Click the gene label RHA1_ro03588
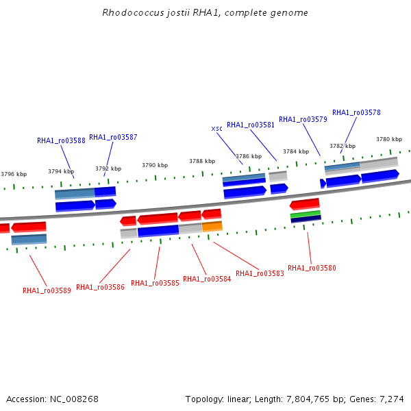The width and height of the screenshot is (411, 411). tap(61, 140)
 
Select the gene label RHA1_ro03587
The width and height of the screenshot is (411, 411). tap(113, 137)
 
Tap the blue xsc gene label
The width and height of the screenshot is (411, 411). tap(216, 129)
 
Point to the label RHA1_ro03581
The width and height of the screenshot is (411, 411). tap(251, 125)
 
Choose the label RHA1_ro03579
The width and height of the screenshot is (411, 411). tap(303, 119)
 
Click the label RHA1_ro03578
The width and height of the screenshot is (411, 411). tap(356, 112)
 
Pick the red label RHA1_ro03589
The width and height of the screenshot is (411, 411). tap(47, 290)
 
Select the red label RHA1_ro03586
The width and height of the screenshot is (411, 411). tap(101, 287)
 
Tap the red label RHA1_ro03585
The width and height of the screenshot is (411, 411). tap(155, 283)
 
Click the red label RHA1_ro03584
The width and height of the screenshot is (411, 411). tap(207, 279)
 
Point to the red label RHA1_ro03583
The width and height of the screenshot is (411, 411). tap(260, 273)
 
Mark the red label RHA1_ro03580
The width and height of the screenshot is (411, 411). tap(312, 268)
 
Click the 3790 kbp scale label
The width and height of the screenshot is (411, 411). tap(155, 165)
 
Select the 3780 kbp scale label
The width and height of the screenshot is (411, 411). tap(389, 139)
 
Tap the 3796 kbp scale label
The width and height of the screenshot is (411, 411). tap(14, 174)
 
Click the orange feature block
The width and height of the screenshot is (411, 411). tap(212, 227)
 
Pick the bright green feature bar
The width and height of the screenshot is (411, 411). tap(306, 214)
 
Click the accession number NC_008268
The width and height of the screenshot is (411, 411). tap(74, 399)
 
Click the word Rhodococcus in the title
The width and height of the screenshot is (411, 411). tap(134, 12)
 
